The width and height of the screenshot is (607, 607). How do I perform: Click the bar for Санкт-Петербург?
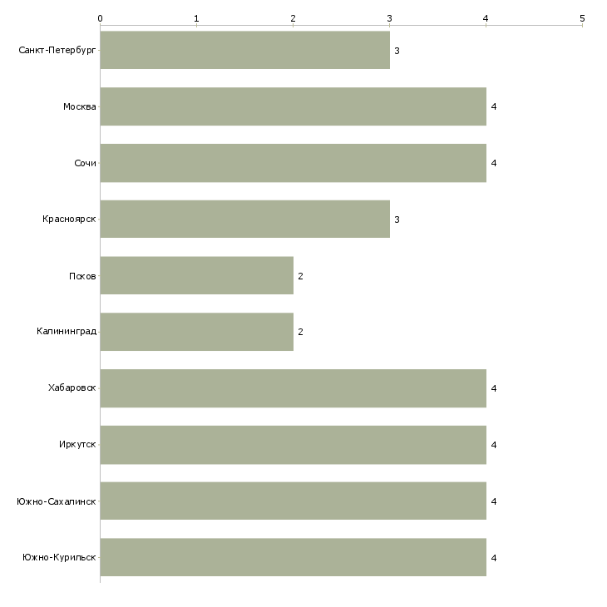[x=245, y=50]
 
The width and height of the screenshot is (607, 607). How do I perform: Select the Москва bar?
[x=293, y=106]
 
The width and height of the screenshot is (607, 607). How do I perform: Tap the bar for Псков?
[x=197, y=275]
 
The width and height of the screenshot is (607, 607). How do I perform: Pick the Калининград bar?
[x=197, y=332]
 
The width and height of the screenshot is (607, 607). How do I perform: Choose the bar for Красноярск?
[x=245, y=220]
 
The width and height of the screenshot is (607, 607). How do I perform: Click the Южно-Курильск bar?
[x=293, y=557]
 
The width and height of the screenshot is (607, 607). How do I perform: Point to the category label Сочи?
[x=85, y=163]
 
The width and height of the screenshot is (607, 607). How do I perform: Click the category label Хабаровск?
[x=72, y=387]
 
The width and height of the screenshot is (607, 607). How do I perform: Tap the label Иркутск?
[x=77, y=444]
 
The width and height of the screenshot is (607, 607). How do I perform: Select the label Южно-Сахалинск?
[x=57, y=501]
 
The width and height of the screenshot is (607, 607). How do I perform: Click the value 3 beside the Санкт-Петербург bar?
[x=397, y=51]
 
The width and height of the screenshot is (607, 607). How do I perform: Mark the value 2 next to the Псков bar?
[x=300, y=276]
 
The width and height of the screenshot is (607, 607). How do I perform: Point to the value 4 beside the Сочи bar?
[x=494, y=163]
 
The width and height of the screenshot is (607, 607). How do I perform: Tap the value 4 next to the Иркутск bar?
[x=494, y=445]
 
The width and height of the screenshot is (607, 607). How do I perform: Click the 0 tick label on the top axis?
[x=101, y=18]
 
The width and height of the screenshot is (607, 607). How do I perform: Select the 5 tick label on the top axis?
[x=582, y=18]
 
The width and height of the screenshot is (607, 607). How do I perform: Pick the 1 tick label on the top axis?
[x=197, y=18]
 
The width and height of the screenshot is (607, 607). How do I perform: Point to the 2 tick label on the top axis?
[x=293, y=18]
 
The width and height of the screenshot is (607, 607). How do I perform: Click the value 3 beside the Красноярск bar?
[x=397, y=220]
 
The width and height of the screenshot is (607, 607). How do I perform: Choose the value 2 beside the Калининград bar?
[x=300, y=332]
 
